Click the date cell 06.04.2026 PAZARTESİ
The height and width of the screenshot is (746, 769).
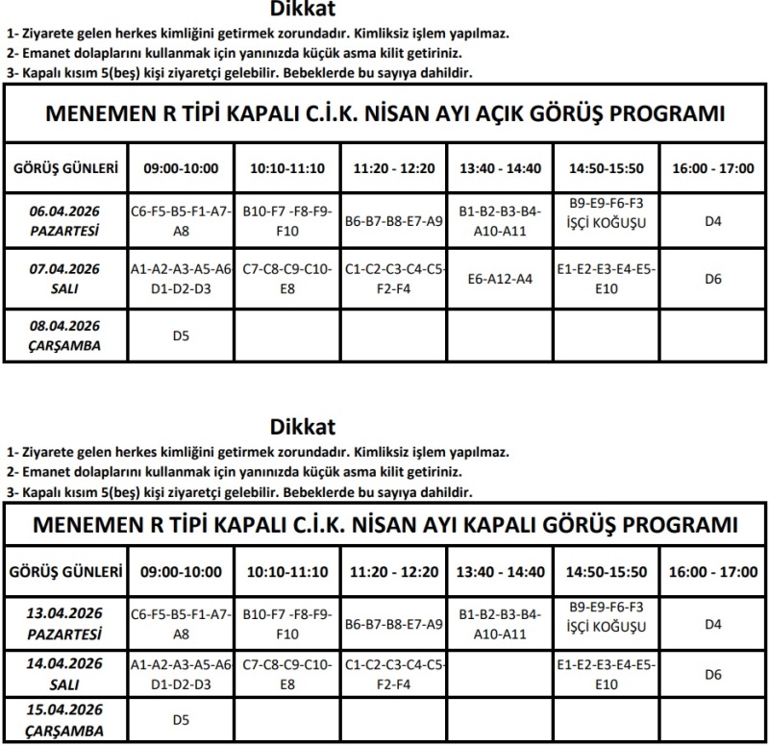coord(65,221)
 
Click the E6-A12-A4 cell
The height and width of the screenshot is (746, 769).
coord(499,279)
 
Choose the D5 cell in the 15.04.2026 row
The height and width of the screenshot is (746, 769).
coord(180,718)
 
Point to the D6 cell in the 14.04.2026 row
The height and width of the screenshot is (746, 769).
coord(712,674)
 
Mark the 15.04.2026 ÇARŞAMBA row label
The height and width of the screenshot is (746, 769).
coord(65,718)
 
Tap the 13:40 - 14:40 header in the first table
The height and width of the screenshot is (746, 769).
coord(499,168)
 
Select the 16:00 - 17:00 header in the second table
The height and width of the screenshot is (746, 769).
coord(712,572)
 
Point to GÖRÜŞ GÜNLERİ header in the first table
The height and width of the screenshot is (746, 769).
coord(65,168)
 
